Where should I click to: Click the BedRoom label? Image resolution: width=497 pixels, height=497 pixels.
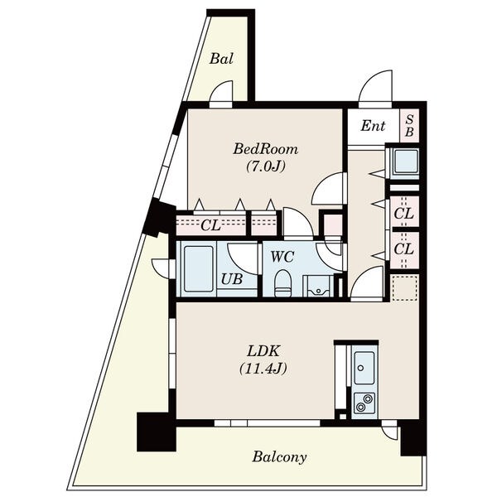click(x=266, y=149)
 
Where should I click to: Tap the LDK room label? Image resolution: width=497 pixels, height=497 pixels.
click(x=263, y=351)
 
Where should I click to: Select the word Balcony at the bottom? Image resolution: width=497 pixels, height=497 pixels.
click(x=279, y=457)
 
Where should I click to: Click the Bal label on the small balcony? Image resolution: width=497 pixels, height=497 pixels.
click(x=221, y=59)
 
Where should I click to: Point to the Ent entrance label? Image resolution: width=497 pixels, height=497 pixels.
click(x=373, y=126)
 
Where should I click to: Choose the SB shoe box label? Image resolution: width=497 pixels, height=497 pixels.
click(x=409, y=126)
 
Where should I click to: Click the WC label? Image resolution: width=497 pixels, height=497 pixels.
click(x=282, y=257)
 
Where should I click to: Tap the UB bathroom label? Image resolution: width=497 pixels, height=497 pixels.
click(x=232, y=279)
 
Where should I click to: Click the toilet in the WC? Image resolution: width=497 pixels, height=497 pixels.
click(x=282, y=282)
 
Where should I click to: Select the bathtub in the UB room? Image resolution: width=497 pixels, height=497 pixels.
click(x=199, y=269)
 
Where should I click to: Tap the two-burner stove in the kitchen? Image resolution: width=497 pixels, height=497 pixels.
click(x=364, y=403)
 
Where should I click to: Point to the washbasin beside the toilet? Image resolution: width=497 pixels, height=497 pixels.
click(x=318, y=287)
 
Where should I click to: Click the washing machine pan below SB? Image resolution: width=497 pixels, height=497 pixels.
click(x=406, y=162)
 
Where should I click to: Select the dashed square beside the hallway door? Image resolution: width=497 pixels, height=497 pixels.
click(x=404, y=288)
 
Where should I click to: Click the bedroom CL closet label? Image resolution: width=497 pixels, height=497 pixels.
click(x=210, y=225)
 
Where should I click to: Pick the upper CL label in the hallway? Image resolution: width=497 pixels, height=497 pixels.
click(x=403, y=214)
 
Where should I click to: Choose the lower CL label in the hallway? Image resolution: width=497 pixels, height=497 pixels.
click(x=403, y=248)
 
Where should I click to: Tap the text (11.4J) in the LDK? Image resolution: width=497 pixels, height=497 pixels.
click(x=263, y=369)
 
